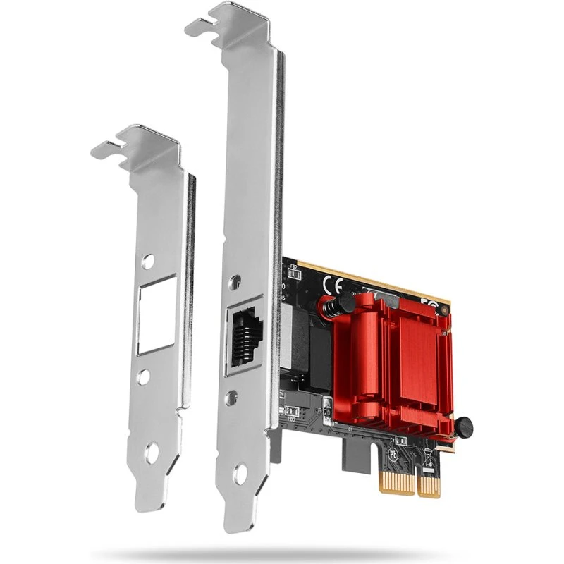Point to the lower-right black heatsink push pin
coord(462,427)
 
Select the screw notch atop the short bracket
coord(111,147)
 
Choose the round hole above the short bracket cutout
coord(147,262)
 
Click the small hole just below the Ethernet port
coord(232,397)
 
